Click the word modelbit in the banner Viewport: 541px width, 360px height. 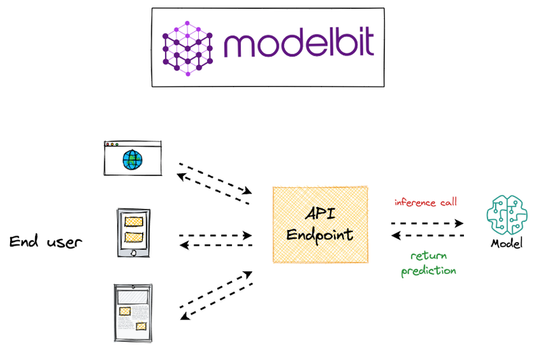click(x=298, y=45)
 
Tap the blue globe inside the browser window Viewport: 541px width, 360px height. click(x=133, y=160)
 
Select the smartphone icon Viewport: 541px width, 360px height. click(x=133, y=233)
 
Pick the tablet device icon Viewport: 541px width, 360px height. click(x=133, y=313)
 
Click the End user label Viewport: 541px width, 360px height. click(x=46, y=242)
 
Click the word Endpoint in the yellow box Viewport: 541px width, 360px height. click(x=320, y=235)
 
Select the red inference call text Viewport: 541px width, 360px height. click(x=425, y=202)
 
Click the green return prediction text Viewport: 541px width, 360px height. click(x=428, y=263)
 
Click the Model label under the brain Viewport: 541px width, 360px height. click(x=507, y=244)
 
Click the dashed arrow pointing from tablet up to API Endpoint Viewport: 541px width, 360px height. click(x=215, y=292)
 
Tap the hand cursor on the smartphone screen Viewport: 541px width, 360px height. click(x=133, y=253)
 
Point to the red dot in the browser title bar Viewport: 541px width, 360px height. click(x=107, y=144)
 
